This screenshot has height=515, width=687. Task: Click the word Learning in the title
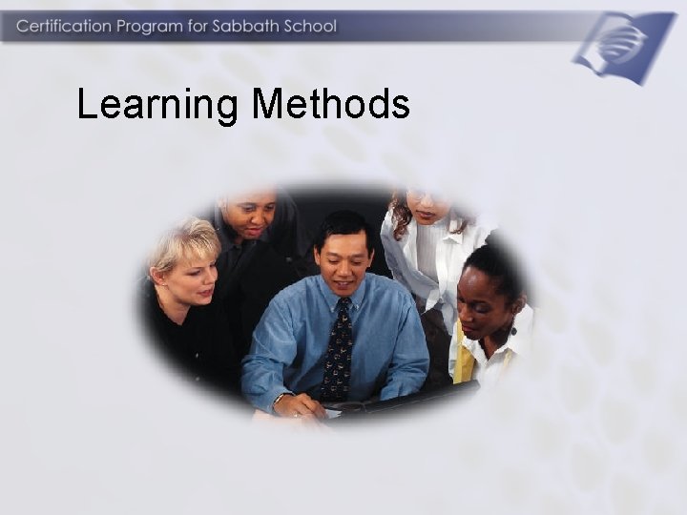pyautogui.click(x=158, y=105)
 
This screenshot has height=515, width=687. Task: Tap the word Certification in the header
pyautogui.click(x=63, y=26)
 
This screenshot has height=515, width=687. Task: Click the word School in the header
pyautogui.click(x=309, y=26)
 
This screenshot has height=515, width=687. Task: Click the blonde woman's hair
pyautogui.click(x=183, y=243)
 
